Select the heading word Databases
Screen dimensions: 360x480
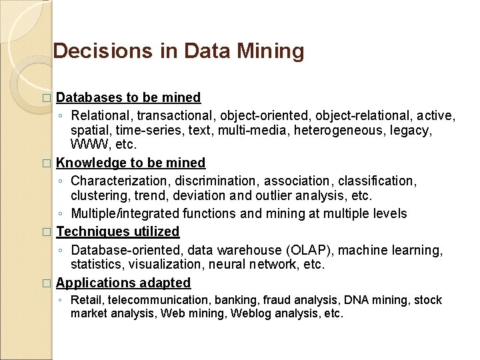click(x=89, y=97)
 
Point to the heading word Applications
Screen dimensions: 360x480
click(x=93, y=283)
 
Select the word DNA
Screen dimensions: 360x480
click(x=353, y=300)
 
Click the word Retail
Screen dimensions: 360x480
click(x=87, y=300)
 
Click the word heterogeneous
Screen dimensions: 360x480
click(x=327, y=130)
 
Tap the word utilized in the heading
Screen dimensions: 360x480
click(x=155, y=231)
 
